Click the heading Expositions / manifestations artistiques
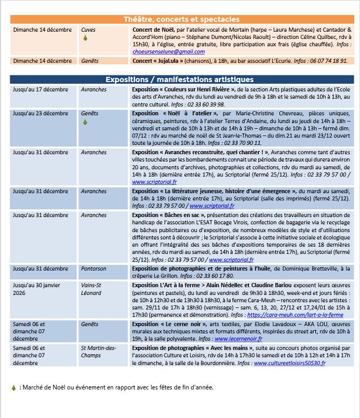[x=180, y=79]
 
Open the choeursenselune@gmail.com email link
[x=168, y=52]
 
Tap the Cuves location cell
[x=88, y=30]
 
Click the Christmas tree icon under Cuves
[x=85, y=38]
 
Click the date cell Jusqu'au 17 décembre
[x=41, y=90]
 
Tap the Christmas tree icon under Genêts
[x=85, y=122]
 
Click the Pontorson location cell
[x=94, y=269]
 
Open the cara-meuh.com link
[x=295, y=315]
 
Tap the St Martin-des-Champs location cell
[x=98, y=352]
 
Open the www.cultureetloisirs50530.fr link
[x=290, y=363]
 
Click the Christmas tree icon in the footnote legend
[x=14, y=387]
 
